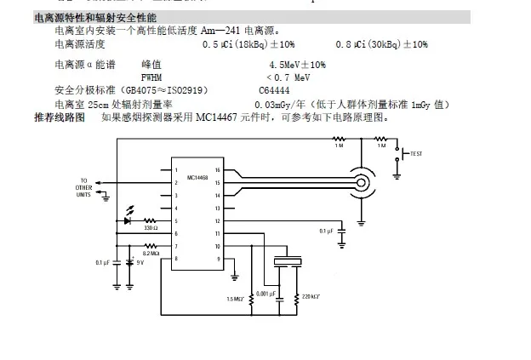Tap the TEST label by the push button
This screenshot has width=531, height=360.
416,154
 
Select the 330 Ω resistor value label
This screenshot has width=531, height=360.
150,228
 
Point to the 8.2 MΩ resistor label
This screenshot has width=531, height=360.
151,253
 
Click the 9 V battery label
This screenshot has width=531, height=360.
140,263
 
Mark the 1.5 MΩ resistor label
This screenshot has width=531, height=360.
236,299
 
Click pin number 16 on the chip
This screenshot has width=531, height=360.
218,169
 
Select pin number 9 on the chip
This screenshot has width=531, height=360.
218,258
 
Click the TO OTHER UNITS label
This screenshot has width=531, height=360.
83,187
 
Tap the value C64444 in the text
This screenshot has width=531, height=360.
275,89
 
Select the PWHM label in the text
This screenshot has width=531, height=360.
151,77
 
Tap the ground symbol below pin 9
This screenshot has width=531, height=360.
236,277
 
